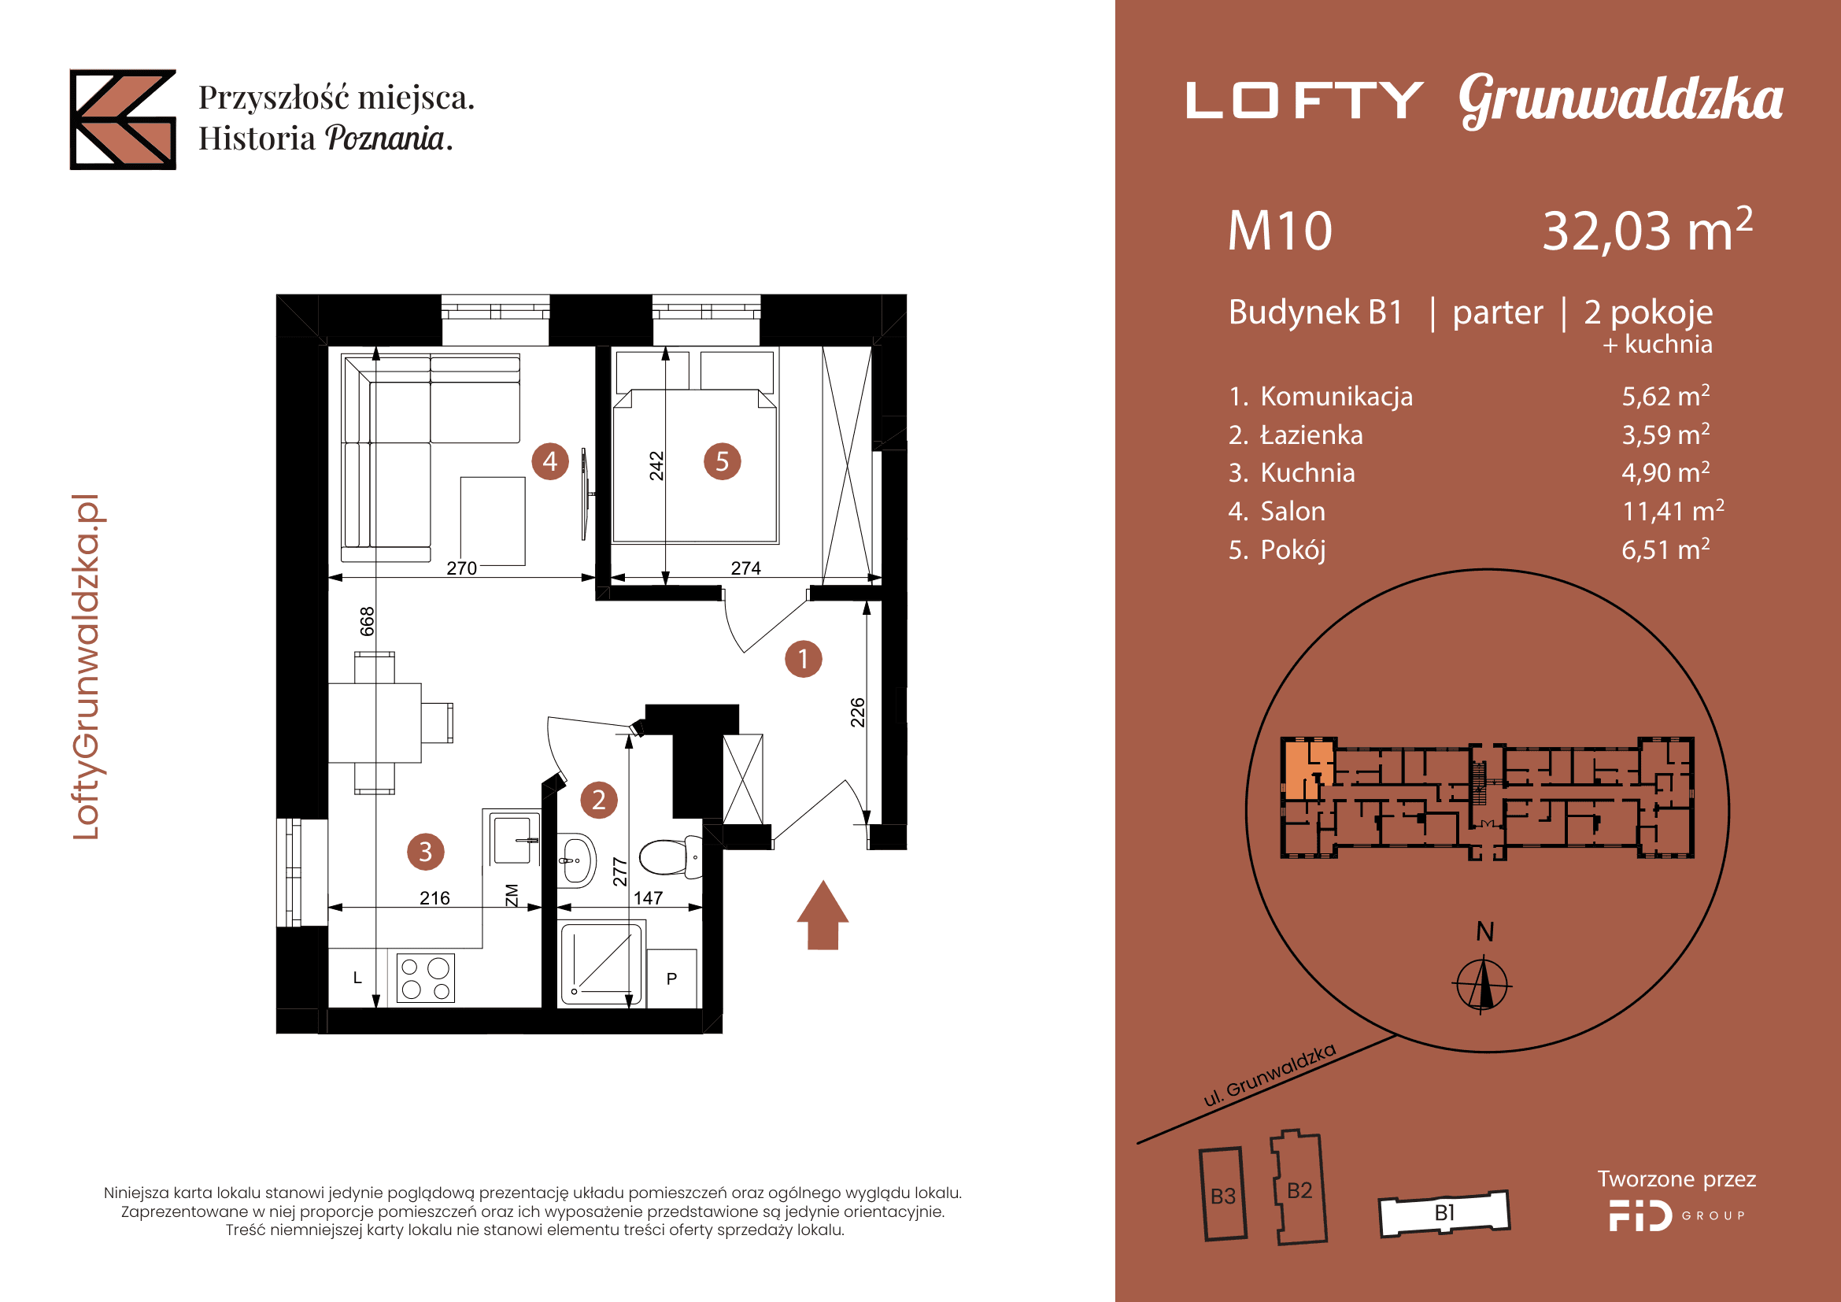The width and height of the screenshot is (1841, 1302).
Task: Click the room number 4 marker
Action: tap(550, 461)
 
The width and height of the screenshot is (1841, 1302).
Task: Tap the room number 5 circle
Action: tap(722, 461)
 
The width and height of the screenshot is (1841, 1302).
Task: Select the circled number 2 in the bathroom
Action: tap(599, 799)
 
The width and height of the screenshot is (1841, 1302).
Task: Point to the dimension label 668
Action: tap(368, 621)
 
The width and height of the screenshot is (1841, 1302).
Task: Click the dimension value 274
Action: tap(745, 568)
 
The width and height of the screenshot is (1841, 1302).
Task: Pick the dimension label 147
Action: tap(648, 898)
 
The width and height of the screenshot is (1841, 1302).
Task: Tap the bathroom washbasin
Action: tap(576, 861)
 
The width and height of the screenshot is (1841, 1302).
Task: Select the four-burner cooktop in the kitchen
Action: tap(426, 978)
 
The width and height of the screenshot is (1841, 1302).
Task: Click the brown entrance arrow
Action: tap(823, 916)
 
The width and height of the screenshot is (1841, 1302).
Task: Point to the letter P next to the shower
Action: tap(672, 979)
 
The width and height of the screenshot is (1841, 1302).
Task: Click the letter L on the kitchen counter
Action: tap(357, 978)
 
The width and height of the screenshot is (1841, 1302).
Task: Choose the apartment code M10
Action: tap(1280, 231)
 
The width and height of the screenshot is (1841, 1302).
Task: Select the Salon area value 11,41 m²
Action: tap(1673, 511)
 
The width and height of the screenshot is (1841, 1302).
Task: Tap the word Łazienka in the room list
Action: tap(1311, 435)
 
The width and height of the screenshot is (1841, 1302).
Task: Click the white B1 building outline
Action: tap(1444, 1213)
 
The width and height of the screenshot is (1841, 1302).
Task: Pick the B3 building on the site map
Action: tap(1224, 1196)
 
